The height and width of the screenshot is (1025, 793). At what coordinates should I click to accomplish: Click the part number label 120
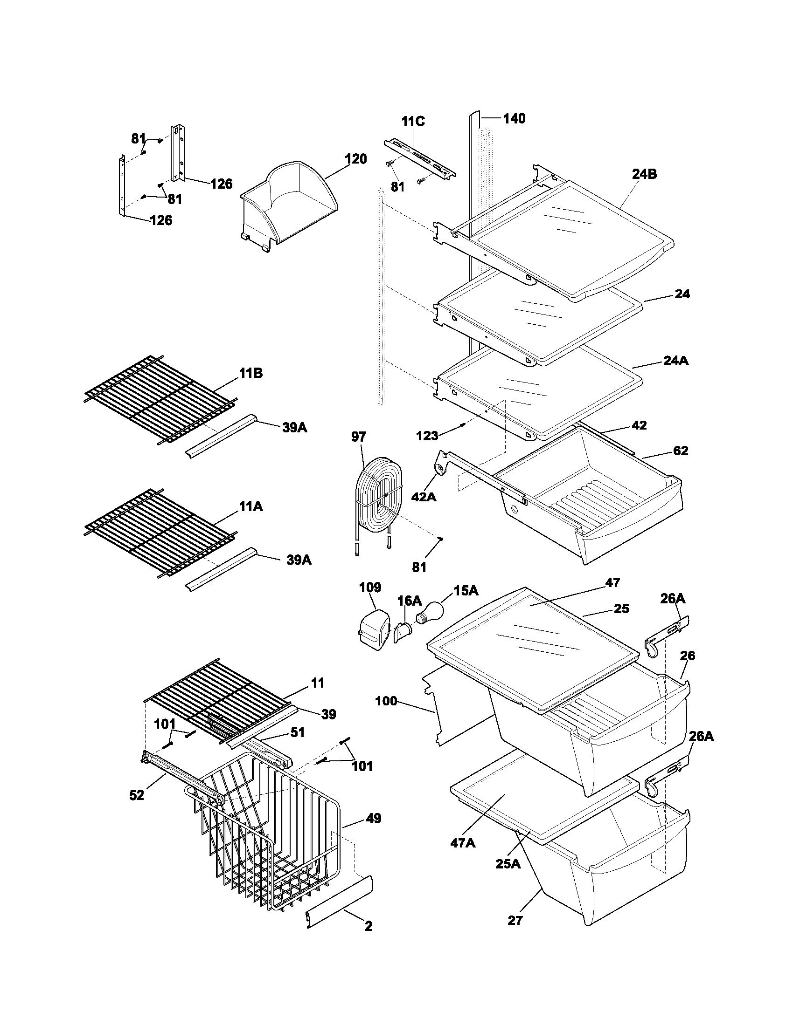point(355,159)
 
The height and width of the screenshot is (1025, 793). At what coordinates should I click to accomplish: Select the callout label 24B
point(644,174)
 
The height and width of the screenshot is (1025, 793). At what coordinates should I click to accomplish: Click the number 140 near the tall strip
point(514,119)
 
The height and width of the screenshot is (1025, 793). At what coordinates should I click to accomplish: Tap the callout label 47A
point(463,843)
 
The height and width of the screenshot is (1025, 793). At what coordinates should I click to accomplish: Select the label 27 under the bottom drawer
point(515,921)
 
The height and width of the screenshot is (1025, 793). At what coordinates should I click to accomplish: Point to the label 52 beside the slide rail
point(137,795)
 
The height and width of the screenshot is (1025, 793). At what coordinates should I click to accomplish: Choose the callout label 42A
point(424,497)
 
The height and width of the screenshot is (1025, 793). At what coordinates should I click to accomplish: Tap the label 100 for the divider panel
point(387,702)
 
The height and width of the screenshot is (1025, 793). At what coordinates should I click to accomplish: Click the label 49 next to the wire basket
point(374,819)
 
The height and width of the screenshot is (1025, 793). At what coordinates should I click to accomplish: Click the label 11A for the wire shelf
point(251,506)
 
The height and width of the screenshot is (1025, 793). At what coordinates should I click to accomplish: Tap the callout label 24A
point(676,361)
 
